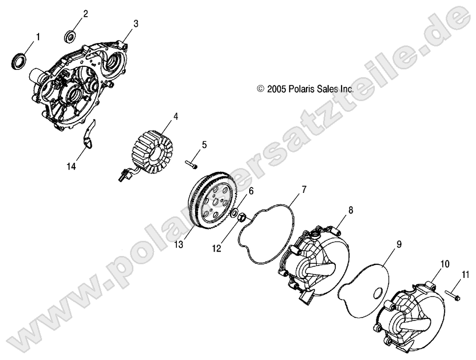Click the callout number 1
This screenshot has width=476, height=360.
38,37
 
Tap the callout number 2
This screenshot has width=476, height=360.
86,14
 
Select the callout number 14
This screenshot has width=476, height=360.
71,167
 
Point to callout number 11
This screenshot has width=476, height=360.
465,275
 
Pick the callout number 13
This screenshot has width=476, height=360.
179,244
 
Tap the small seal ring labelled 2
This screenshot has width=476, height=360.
70,36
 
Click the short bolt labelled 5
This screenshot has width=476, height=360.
191,164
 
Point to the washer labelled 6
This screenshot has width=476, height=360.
234,213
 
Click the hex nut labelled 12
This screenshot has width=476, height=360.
242,217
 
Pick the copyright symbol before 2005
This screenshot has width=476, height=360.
260,88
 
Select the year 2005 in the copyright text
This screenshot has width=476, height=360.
276,88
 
